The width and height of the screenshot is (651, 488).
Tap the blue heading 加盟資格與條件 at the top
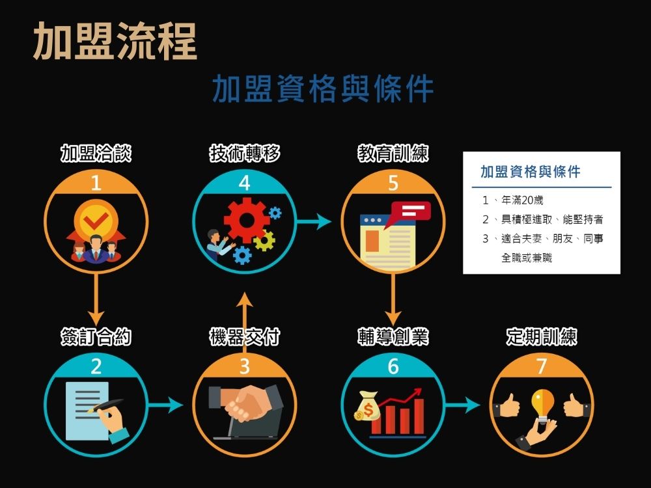coord(323,90)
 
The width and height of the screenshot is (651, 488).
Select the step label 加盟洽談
coord(96,154)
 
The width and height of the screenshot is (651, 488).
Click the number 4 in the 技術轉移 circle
coord(244,184)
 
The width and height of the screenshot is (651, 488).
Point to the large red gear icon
coord(246,220)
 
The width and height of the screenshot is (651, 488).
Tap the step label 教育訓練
coord(393,154)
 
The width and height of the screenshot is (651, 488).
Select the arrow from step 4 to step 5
coord(314,222)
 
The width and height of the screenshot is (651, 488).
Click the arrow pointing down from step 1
coord(96,299)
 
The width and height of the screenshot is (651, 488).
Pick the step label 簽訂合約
coord(96,337)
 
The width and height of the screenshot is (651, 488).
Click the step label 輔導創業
coord(393,337)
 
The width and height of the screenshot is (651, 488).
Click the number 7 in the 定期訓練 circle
coord(542,367)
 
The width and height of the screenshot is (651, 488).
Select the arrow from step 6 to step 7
coord(463,405)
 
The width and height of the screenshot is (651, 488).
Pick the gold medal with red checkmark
coord(96,221)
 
